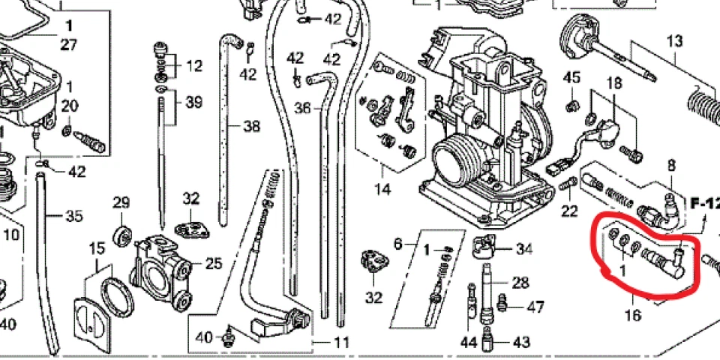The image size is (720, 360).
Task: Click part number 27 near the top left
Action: pyautogui.click(x=68, y=44)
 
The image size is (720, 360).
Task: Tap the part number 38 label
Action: pyautogui.click(x=251, y=126)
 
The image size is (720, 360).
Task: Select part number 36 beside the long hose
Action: pyautogui.click(x=302, y=108)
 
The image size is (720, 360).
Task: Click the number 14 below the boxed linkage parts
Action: pyautogui.click(x=382, y=190)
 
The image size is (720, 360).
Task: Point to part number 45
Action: pyautogui.click(x=572, y=77)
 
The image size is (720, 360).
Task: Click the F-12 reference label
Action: pyautogui.click(x=704, y=202)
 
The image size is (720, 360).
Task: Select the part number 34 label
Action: pyautogui.click(x=523, y=248)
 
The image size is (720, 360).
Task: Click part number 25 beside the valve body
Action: pyautogui.click(x=214, y=263)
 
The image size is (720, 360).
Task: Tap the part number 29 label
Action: pyautogui.click(x=121, y=202)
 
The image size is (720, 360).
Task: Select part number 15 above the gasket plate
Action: pyautogui.click(x=97, y=248)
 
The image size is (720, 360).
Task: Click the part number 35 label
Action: pyautogui.click(x=73, y=217)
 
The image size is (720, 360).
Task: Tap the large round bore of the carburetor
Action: pyautogui.click(x=456, y=159)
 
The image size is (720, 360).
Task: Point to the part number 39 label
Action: pyautogui.click(x=193, y=102)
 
